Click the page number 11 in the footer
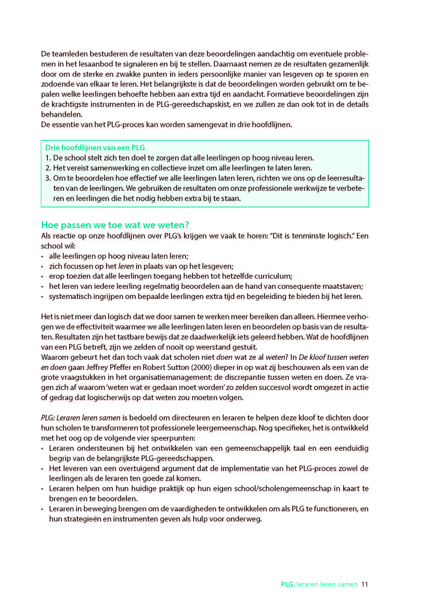[x=364, y=584]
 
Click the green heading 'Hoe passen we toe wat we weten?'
[x=115, y=225]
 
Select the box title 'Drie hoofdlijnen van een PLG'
[x=95, y=147]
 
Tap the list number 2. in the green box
[x=48, y=168]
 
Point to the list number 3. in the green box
[x=48, y=178]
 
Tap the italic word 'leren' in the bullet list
[x=126, y=266]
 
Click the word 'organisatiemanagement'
[x=165, y=377]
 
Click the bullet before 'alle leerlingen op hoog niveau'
[x=42, y=257]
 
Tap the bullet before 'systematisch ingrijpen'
[x=42, y=297]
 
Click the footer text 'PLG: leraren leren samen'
[x=319, y=584]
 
